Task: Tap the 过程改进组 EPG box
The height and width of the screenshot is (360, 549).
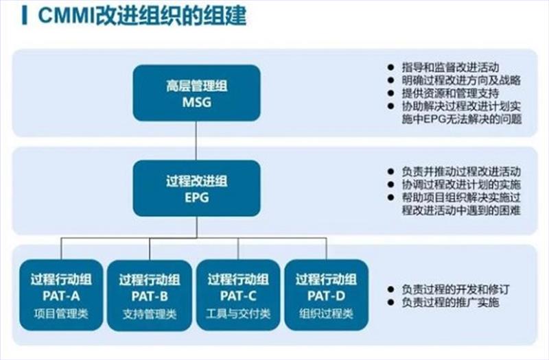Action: point(196,189)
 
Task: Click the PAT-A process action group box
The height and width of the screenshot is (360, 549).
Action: point(63,293)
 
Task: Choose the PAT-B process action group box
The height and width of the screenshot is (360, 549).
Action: point(151,293)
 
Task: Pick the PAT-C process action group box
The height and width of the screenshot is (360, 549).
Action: point(238,293)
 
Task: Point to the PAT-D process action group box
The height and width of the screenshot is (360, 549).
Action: point(325,293)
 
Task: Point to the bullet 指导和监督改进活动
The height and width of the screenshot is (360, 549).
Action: point(449,67)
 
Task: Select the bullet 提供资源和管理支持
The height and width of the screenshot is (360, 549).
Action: point(449,93)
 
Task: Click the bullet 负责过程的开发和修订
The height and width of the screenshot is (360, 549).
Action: point(449,289)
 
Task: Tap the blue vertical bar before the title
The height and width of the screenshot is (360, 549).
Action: point(25,16)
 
